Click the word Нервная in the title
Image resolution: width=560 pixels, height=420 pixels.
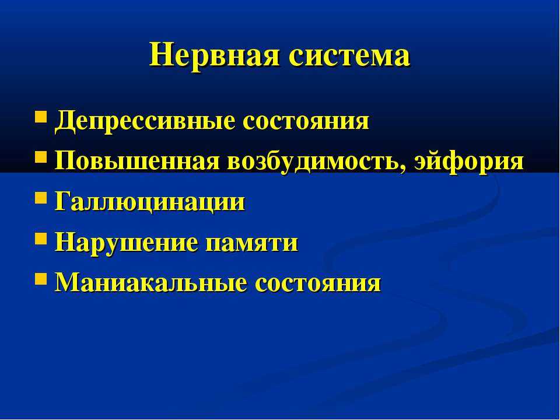point(214,56)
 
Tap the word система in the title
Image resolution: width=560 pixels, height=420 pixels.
point(349,57)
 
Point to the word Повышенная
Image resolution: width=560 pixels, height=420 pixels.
point(137,162)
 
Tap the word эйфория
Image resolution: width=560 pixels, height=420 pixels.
point(468,162)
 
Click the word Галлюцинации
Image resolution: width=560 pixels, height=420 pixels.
point(150,203)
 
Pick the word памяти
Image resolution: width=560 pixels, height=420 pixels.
point(252,244)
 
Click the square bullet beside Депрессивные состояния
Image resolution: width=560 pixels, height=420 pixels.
point(41,117)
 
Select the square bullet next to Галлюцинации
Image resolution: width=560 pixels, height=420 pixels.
point(41,198)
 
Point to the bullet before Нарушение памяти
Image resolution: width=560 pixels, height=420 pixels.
point(41,238)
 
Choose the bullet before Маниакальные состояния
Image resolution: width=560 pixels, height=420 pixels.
point(41,279)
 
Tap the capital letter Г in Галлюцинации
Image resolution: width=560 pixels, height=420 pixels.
point(63,201)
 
